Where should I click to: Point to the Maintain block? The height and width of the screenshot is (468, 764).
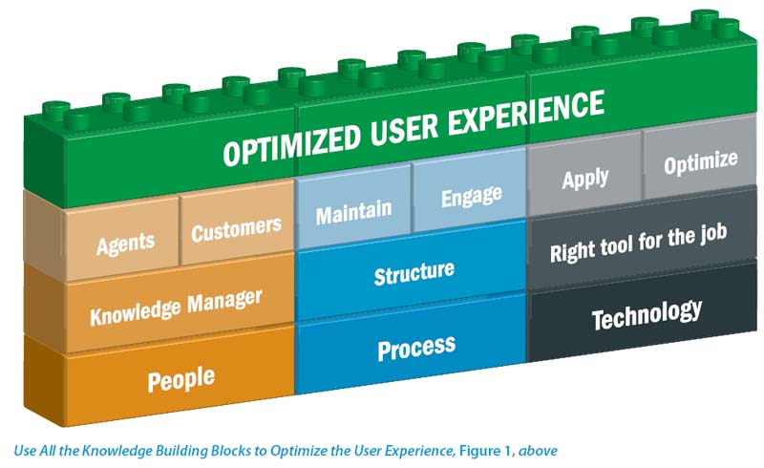[353, 209]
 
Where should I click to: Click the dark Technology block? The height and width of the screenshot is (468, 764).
[642, 313]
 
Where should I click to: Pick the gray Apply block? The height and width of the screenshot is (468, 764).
[584, 176]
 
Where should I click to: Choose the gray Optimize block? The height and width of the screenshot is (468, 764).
[700, 160]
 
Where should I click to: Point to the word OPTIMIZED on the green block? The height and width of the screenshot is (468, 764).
[292, 145]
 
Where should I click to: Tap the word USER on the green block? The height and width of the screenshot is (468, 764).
[404, 129]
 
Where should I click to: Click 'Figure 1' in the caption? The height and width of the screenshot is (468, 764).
[484, 451]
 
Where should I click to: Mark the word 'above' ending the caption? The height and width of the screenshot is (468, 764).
[538, 451]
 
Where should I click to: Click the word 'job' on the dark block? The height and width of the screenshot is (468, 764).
[713, 233]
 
